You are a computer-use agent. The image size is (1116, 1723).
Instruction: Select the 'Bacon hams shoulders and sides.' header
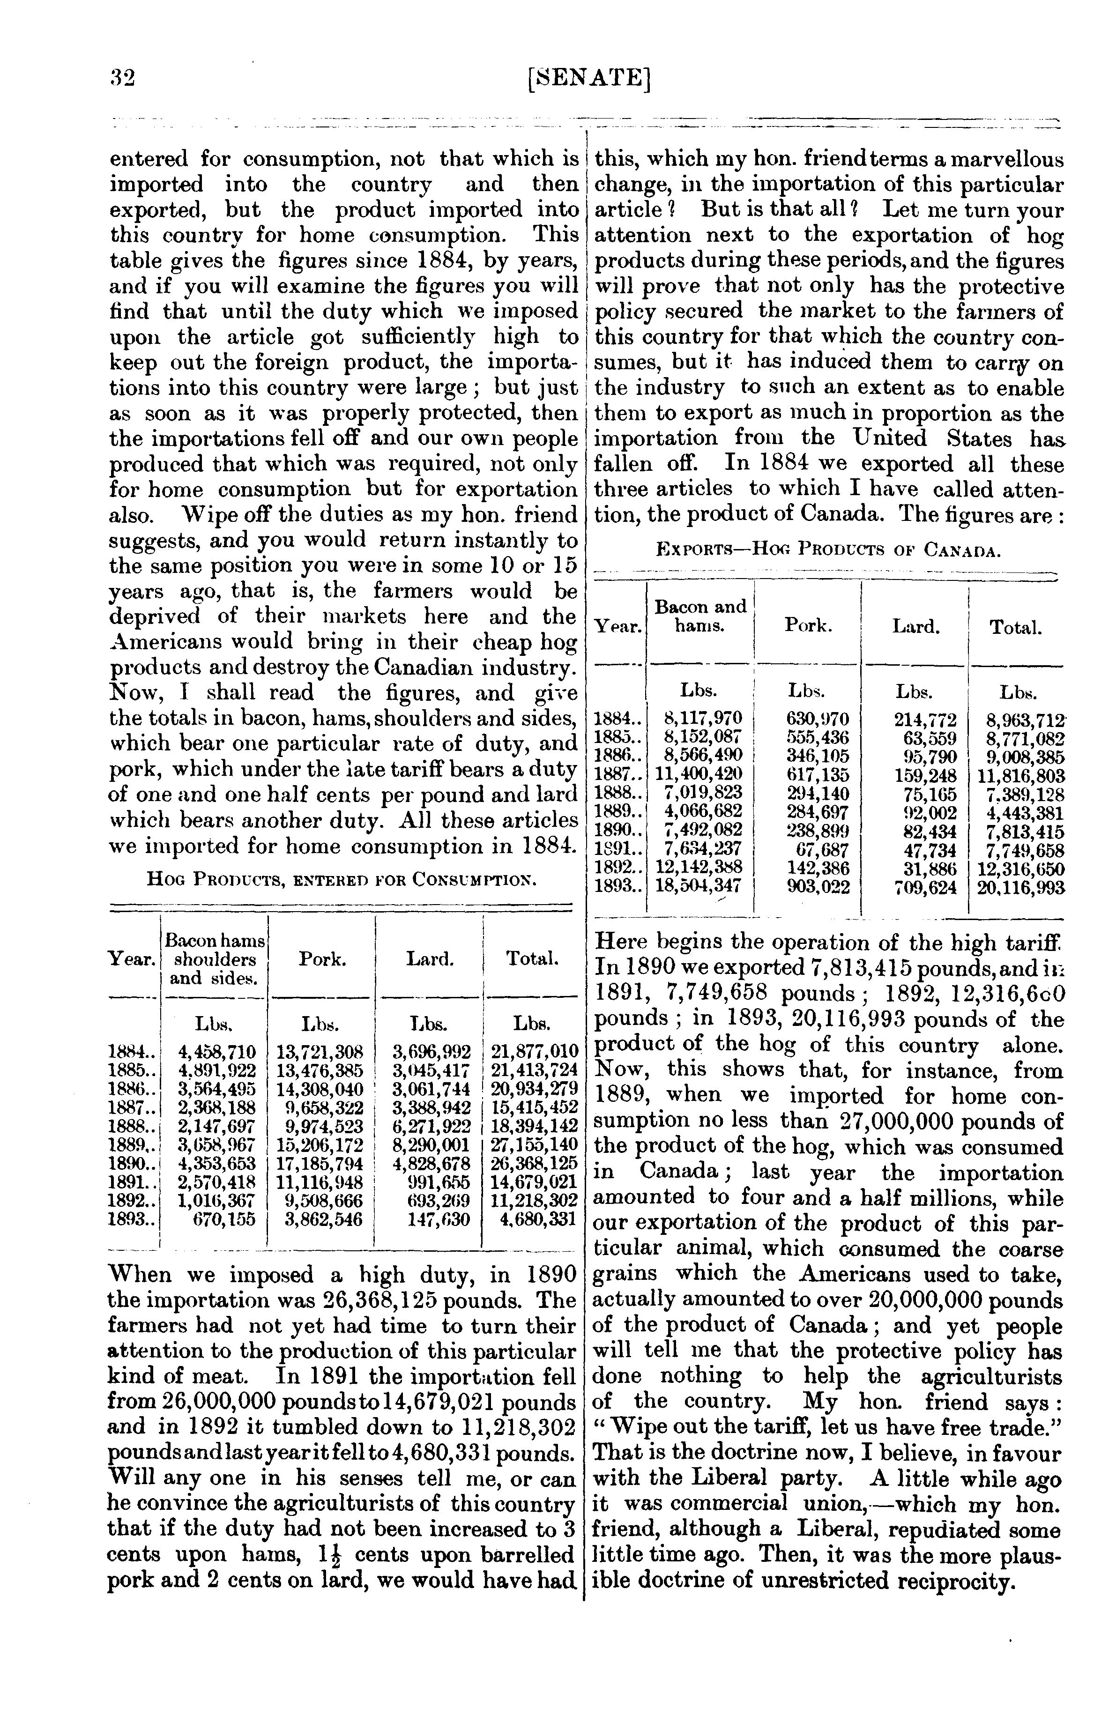[215, 960]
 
